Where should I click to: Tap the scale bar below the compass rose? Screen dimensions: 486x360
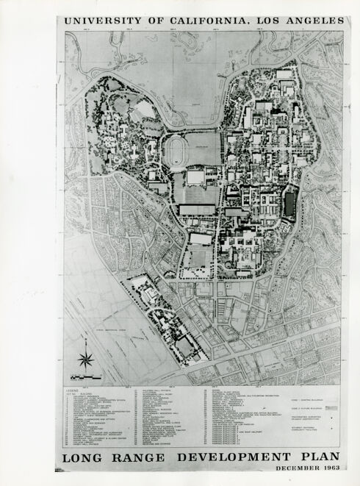point(88,376)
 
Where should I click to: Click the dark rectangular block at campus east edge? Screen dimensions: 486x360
point(289,204)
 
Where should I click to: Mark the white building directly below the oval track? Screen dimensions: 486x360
point(195,177)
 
